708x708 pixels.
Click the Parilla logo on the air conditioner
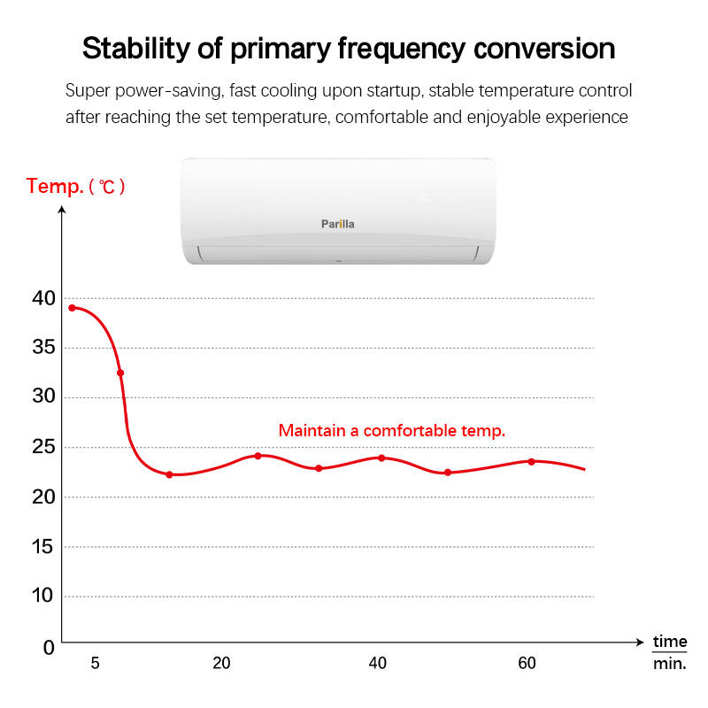[x=337, y=224]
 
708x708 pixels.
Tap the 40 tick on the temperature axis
[x=43, y=298]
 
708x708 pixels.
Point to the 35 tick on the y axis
[x=43, y=348]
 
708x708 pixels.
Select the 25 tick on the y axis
[x=43, y=447]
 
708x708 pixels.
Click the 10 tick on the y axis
[x=43, y=596]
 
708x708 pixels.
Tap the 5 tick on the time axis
[x=95, y=663]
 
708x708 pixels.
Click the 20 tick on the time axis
[x=221, y=663]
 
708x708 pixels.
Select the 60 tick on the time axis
[x=527, y=663]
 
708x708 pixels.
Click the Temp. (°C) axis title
[x=76, y=187]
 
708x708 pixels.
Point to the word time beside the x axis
[x=670, y=641]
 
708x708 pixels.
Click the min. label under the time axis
[x=670, y=663]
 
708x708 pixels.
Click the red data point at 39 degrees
[x=72, y=308]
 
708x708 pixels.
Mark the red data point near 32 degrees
[x=120, y=373]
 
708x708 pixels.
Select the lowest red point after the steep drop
[x=169, y=474]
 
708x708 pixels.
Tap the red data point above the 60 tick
[x=531, y=461]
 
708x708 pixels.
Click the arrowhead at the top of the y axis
[x=61, y=210]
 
